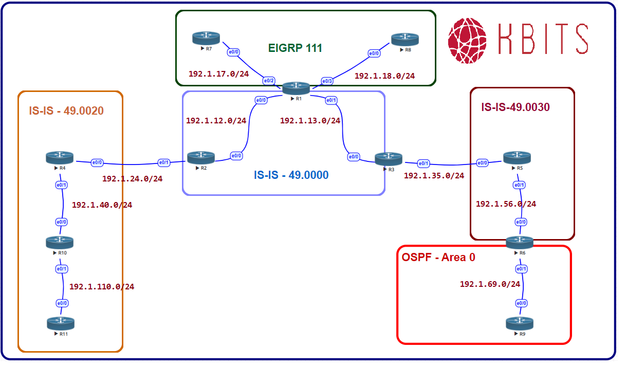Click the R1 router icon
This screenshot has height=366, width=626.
pyautogui.click(x=296, y=87)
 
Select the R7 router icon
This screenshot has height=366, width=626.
pyautogui.click(x=206, y=38)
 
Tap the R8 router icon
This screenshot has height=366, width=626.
pyautogui.click(x=404, y=39)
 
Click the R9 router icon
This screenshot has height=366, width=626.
pyautogui.click(x=519, y=323)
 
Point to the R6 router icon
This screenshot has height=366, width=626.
pyautogui.click(x=520, y=242)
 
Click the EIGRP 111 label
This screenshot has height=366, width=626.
pyautogui.click(x=295, y=48)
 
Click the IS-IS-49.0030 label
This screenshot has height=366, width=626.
pyautogui.click(x=515, y=107)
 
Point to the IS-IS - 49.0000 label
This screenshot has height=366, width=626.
pyautogui.click(x=291, y=175)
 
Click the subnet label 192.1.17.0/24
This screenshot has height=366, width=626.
pyautogui.click(x=218, y=74)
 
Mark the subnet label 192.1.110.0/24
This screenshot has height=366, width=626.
pyautogui.click(x=102, y=287)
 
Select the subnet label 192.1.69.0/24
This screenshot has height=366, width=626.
pyautogui.click(x=490, y=284)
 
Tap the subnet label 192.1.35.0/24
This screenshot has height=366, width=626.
pyautogui.click(x=434, y=176)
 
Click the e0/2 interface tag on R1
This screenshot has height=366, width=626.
pyautogui.click(x=269, y=81)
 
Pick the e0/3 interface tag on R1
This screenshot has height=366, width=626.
pyautogui.click(x=327, y=81)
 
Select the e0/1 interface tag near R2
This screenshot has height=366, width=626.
pyautogui.click(x=163, y=163)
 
